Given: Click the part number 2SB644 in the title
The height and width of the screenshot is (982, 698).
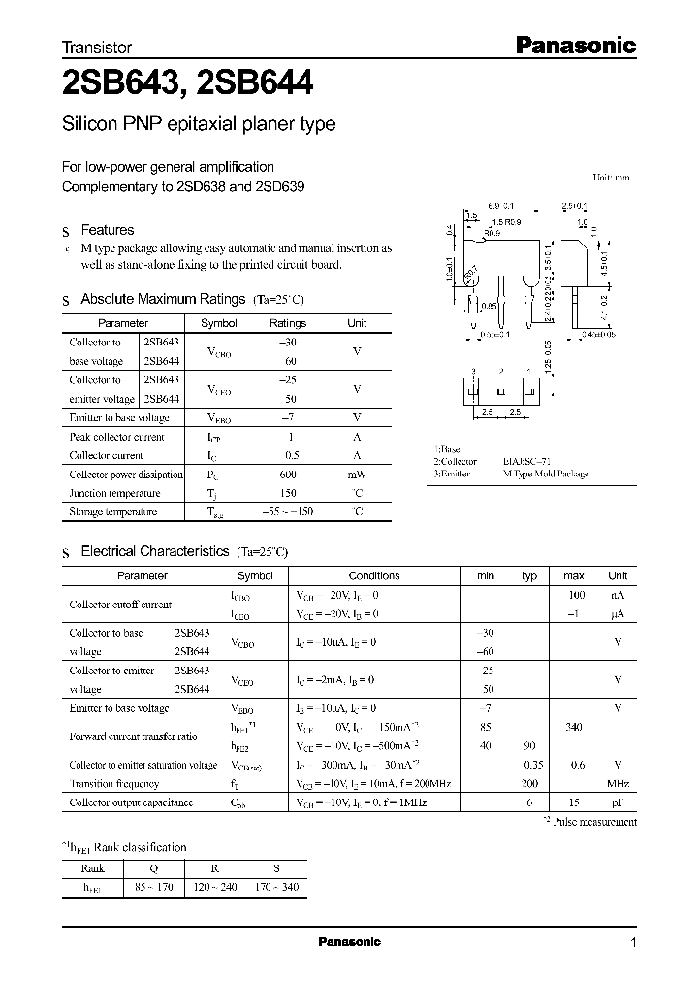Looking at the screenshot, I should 254,86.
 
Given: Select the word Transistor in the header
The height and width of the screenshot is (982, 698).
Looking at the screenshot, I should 96,47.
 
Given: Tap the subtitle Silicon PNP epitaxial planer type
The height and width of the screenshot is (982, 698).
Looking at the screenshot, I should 199,125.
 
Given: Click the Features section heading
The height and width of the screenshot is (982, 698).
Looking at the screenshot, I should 107,230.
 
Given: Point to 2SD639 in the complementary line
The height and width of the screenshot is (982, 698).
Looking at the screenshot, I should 280,185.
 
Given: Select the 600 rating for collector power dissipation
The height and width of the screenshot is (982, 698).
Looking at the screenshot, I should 287,475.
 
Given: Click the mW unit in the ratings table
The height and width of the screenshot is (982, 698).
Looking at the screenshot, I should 357,475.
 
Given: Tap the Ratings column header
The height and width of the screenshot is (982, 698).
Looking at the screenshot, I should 287,323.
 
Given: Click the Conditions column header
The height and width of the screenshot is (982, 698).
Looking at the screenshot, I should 373,575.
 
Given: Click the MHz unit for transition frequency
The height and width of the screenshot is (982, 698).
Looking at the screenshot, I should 618,783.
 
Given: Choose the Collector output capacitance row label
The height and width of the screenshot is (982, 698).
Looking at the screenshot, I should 131,802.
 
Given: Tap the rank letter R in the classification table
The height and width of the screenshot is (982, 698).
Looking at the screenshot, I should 225,868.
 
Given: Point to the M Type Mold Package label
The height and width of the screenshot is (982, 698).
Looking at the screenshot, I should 545,474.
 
